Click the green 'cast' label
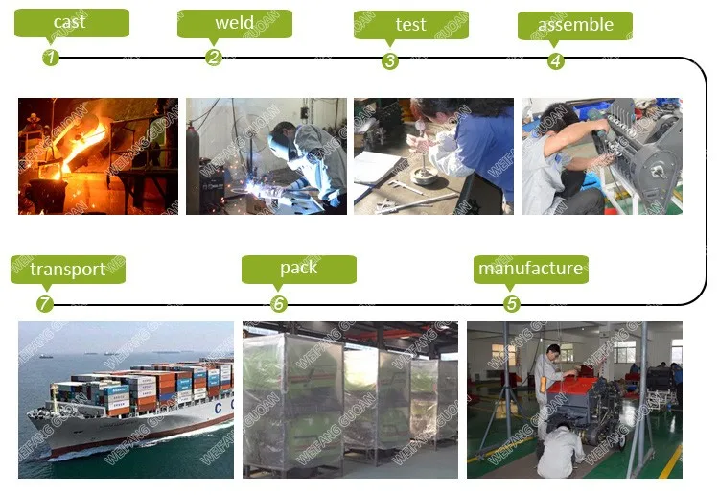(x=72, y=22)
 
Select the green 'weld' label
(x=234, y=23)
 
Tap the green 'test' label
(x=410, y=24)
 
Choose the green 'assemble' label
(x=575, y=25)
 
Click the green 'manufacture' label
(x=530, y=269)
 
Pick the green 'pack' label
(x=298, y=269)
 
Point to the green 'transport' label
(x=67, y=269)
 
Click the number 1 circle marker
(x=51, y=58)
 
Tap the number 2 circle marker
(x=214, y=58)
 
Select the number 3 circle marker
(x=389, y=60)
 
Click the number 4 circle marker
(x=555, y=60)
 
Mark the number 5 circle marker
(x=512, y=304)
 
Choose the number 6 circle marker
(x=279, y=304)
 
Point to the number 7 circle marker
(x=45, y=304)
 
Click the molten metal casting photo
(x=98, y=155)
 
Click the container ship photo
(x=126, y=399)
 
